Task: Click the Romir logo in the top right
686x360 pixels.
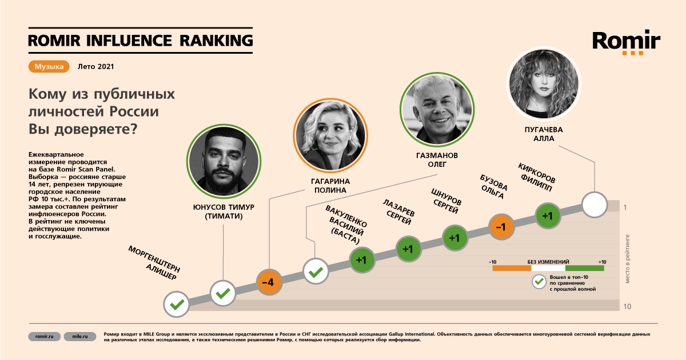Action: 627,43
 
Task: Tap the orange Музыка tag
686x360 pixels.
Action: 49,66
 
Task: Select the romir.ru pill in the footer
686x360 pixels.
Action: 45,337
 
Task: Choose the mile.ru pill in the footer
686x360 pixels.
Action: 80,337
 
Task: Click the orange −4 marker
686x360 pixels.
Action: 269,282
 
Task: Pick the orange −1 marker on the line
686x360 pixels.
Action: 501,227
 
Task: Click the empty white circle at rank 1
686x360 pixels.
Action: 595,205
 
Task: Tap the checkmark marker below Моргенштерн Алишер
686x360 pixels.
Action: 177,304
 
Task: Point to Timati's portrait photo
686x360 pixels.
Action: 224,161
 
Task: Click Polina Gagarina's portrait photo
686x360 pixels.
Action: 330,135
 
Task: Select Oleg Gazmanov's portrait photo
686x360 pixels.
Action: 437,110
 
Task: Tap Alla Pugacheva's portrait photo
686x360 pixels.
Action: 544,84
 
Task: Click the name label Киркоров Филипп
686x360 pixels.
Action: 536,177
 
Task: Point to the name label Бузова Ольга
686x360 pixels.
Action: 493,187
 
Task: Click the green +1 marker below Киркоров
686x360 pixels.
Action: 548,216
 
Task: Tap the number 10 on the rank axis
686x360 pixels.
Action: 628,306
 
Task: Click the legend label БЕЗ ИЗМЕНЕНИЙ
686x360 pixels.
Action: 548,262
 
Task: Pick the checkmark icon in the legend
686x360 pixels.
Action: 539,282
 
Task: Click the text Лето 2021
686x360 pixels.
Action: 95,66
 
